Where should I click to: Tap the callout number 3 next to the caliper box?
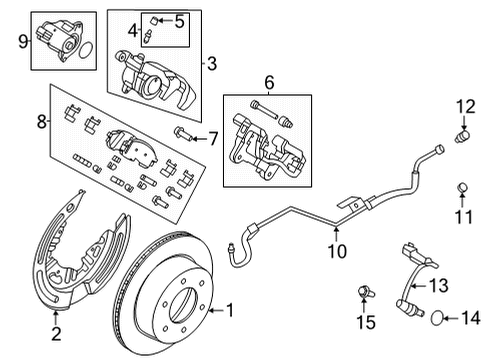210,63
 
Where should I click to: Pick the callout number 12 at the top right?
463,106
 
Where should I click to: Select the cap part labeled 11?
462,187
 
